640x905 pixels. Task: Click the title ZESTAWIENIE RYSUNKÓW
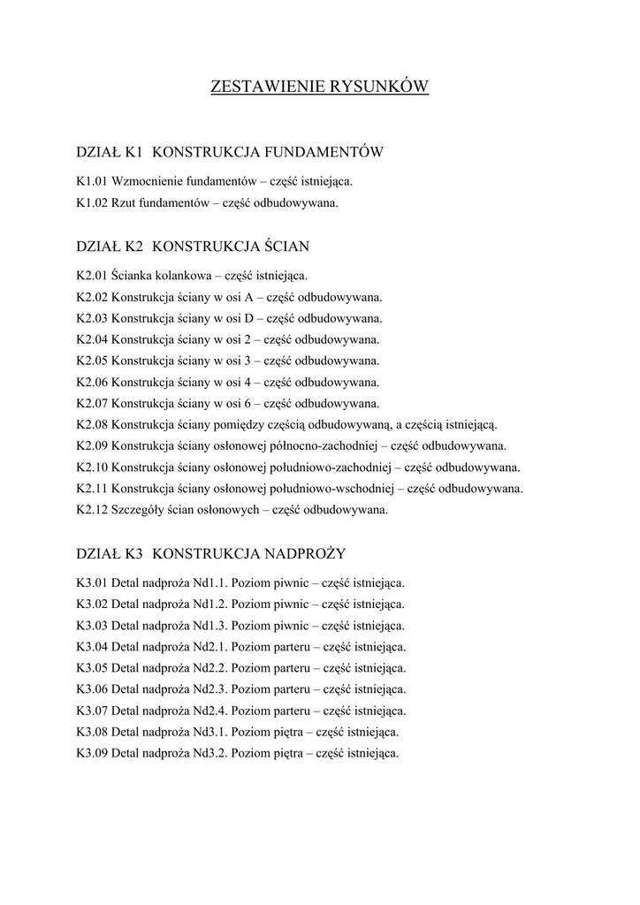click(319, 87)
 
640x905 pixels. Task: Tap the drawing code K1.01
click(92, 181)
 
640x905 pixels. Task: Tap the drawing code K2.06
click(92, 383)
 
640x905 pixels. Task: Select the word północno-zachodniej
click(326, 446)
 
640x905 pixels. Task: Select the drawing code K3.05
click(92, 668)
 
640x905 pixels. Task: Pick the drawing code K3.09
click(92, 754)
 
